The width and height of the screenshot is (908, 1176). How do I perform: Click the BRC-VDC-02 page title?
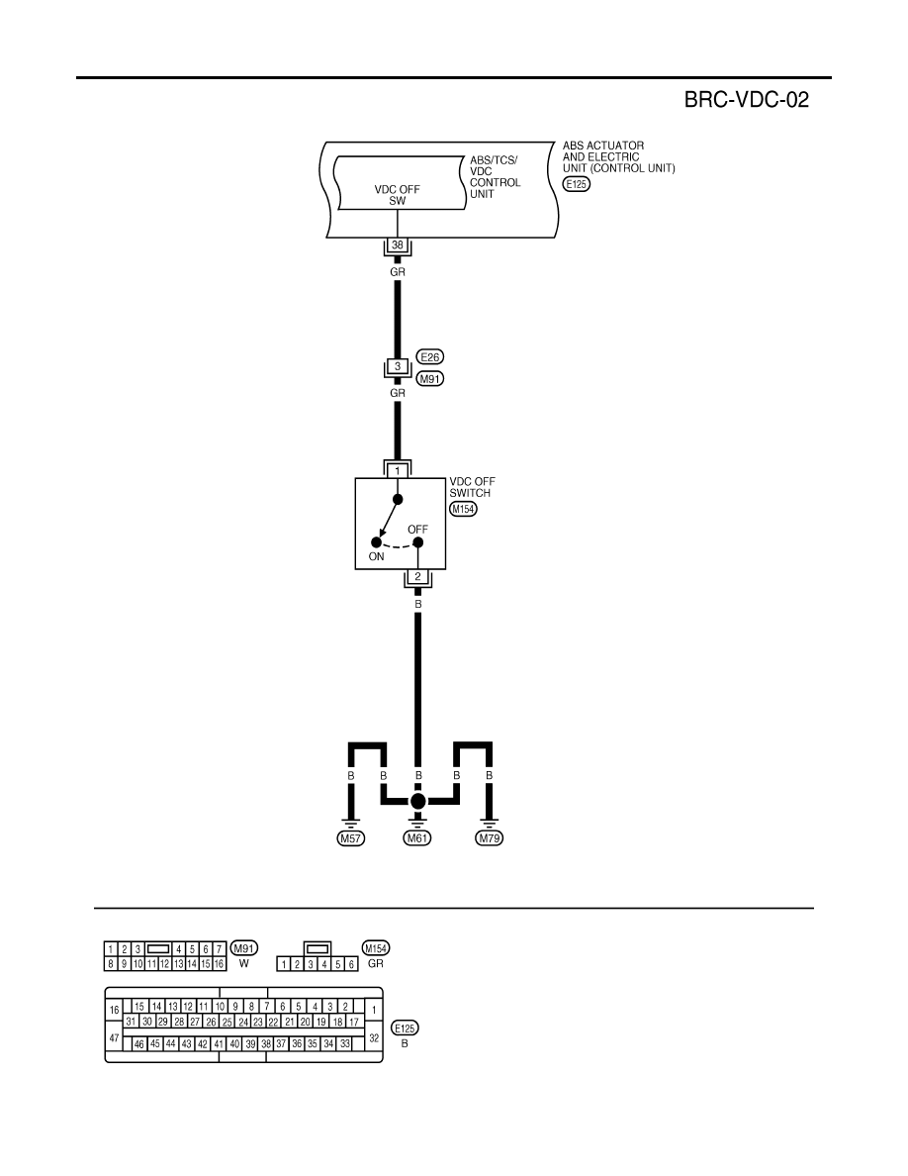click(x=746, y=100)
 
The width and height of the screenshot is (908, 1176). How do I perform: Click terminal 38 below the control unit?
click(x=397, y=245)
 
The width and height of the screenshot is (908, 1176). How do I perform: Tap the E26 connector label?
click(x=430, y=357)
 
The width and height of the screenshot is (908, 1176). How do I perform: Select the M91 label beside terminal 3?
click(x=430, y=379)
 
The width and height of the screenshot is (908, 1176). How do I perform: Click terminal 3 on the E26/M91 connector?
click(x=398, y=366)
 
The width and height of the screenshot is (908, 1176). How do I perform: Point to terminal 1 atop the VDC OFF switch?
click(x=398, y=471)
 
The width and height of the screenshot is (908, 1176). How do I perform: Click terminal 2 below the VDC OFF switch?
click(x=418, y=577)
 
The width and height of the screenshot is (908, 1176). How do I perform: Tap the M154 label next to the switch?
click(x=463, y=509)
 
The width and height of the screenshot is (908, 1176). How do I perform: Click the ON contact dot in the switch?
click(x=376, y=542)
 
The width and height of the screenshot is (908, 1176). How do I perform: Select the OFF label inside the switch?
click(x=418, y=530)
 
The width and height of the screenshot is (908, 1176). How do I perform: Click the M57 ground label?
click(x=350, y=838)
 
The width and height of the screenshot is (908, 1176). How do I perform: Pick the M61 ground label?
click(x=417, y=838)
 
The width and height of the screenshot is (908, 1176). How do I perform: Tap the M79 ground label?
click(x=490, y=838)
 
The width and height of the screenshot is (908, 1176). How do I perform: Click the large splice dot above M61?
click(x=418, y=801)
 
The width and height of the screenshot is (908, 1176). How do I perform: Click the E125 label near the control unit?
click(x=576, y=184)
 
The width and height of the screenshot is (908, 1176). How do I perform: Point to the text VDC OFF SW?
click(x=397, y=195)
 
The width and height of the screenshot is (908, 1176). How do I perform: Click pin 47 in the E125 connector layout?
click(x=115, y=1038)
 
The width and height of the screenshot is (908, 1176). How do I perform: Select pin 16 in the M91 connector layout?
click(x=220, y=964)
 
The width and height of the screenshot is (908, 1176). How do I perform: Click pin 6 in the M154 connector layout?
click(x=351, y=964)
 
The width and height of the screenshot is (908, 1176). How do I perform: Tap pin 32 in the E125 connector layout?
click(x=374, y=1038)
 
